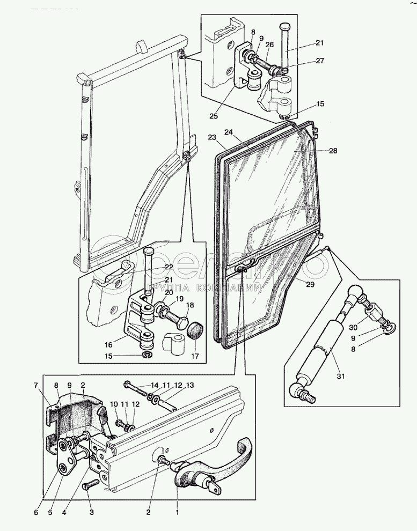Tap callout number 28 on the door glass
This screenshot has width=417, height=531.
333,151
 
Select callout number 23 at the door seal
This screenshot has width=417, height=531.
212,137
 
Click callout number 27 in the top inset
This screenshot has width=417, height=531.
320,61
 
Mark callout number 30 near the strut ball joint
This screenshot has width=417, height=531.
353,328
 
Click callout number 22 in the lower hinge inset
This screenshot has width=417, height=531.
169,267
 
